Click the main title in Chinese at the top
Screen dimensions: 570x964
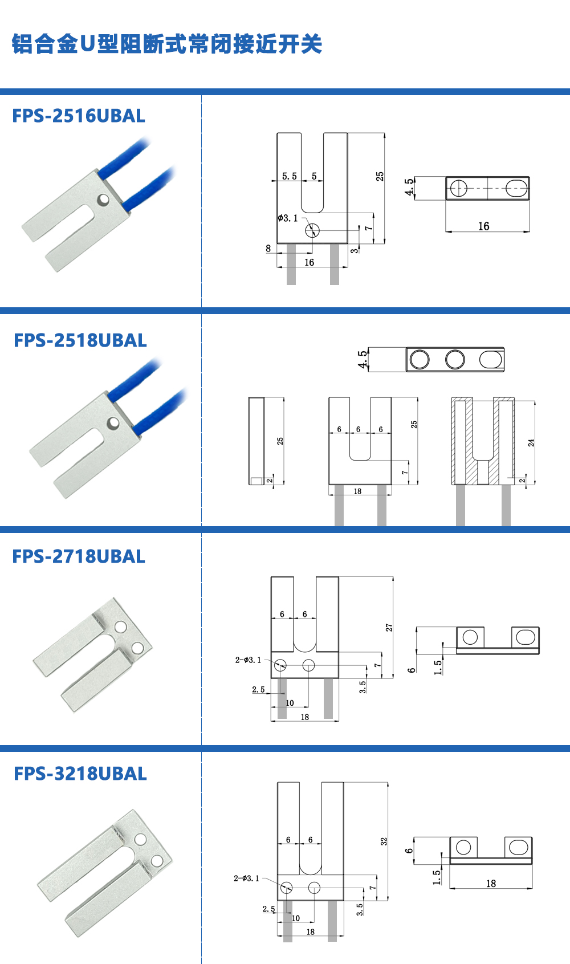pos(167,44)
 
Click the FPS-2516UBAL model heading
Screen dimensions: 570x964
pos(79,116)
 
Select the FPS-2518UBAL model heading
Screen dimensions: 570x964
pos(80,340)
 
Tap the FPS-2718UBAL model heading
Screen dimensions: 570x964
pos(79,556)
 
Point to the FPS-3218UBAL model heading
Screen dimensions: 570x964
pos(80,774)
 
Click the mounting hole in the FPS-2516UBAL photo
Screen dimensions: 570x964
pos(103,200)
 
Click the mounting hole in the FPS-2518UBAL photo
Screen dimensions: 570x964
pos(113,423)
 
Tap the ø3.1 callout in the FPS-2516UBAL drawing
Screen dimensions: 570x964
pos(288,218)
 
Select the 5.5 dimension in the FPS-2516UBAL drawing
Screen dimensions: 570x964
pos(290,176)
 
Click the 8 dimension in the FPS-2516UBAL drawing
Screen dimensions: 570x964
pos(268,249)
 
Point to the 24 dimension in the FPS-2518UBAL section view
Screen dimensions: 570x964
pos(531,442)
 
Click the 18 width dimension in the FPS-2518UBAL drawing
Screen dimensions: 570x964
pos(357,491)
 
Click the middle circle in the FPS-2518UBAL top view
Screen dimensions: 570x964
pos(455,359)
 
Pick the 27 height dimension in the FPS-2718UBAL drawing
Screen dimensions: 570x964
pos(389,628)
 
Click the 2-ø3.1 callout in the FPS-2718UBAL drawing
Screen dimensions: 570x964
pos(248,660)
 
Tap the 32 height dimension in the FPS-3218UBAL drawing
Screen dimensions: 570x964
pos(384,841)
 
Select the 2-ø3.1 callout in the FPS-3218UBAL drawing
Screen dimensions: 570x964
pos(246,878)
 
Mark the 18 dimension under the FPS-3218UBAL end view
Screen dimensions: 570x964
pos(491,884)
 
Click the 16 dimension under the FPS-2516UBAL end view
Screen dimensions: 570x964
pos(483,226)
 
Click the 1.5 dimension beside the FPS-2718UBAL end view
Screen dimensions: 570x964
pos(438,668)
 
